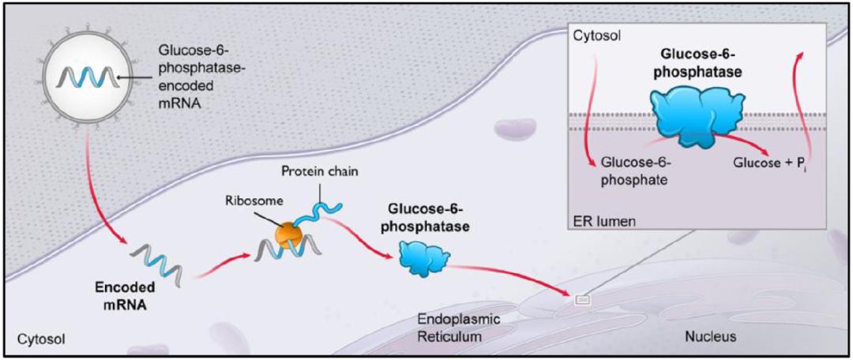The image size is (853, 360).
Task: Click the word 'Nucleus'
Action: (x=709, y=336)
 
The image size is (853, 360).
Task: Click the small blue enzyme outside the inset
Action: (x=423, y=257)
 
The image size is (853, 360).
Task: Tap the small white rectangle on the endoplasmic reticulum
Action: (x=581, y=300)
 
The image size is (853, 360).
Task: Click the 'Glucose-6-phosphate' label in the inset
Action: (x=635, y=171)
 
